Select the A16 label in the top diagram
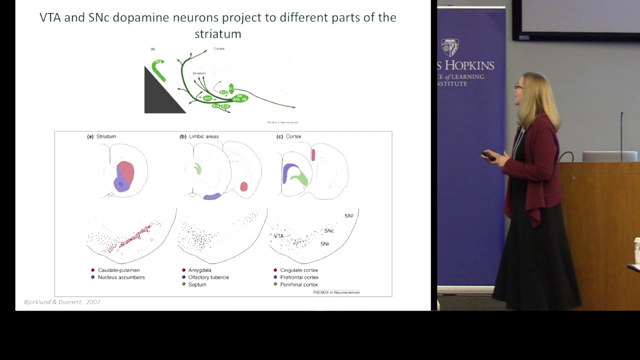[158, 62]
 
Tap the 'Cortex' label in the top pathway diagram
[219, 48]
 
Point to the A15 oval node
[207, 98]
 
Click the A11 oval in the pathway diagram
[231, 88]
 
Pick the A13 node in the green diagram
[223, 92]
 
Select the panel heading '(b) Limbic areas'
[199, 136]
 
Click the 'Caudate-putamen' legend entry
[118, 270]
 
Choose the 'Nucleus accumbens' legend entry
[121, 277]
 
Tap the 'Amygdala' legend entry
[199, 270]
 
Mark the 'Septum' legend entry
[197, 284]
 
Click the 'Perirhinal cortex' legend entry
[298, 284]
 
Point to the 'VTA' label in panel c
[278, 236]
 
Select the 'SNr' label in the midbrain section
[325, 244]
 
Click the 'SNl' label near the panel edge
[348, 216]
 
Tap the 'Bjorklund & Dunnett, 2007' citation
[62, 302]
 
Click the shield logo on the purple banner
[450, 47]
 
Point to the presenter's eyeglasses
[518, 86]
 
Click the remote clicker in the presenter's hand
[488, 155]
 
